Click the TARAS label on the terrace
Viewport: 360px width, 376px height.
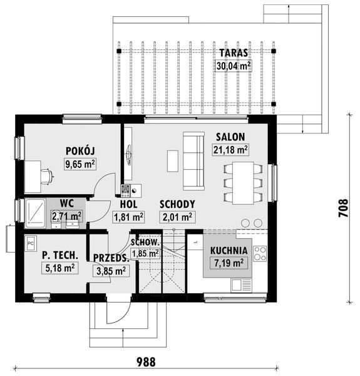click(x=232, y=53)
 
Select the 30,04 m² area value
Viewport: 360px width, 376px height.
click(x=232, y=65)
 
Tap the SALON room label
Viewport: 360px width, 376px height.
click(x=230, y=137)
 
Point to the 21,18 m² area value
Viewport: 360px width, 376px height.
click(x=230, y=149)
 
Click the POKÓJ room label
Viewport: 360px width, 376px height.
click(x=80, y=152)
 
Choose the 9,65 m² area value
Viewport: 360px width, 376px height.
click(x=80, y=164)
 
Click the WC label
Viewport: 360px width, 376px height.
click(x=67, y=203)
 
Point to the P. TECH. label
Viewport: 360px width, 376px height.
click(x=60, y=255)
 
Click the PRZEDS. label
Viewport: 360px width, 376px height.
click(x=111, y=258)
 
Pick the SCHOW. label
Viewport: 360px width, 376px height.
click(x=145, y=242)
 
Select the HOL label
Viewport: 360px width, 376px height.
click(x=128, y=204)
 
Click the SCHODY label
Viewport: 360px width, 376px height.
click(x=177, y=204)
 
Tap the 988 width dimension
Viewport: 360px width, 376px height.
click(x=145, y=362)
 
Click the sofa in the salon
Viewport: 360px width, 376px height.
click(x=193, y=161)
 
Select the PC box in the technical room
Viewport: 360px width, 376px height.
click(x=30, y=241)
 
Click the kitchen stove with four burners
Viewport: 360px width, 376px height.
click(x=259, y=253)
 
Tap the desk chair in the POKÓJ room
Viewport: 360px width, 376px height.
click(x=46, y=176)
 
